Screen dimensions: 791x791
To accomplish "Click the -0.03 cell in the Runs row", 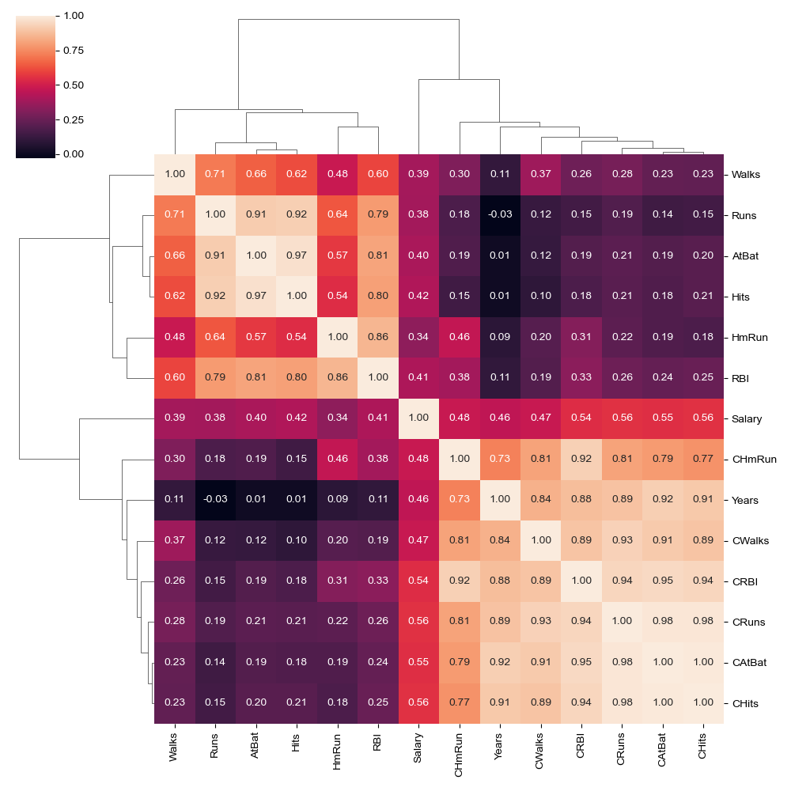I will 500,214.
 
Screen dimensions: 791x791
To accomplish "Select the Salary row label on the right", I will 747,418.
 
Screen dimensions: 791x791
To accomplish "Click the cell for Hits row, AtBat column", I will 255,296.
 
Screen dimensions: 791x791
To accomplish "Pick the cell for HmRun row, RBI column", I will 378,337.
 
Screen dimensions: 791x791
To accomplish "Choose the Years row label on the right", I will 745,500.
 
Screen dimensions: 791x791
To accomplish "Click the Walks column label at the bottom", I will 174,747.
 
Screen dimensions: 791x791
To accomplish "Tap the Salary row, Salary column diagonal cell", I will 418,418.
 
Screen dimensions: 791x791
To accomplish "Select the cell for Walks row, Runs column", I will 215,173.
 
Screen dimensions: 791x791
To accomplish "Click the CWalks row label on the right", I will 749,541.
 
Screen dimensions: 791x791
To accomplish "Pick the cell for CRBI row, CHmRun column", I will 460,581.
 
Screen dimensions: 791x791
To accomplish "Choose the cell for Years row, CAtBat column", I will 663,500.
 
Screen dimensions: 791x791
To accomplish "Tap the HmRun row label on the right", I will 748,337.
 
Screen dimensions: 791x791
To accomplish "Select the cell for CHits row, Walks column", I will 174,704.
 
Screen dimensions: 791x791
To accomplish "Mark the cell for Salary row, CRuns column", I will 622,418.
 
